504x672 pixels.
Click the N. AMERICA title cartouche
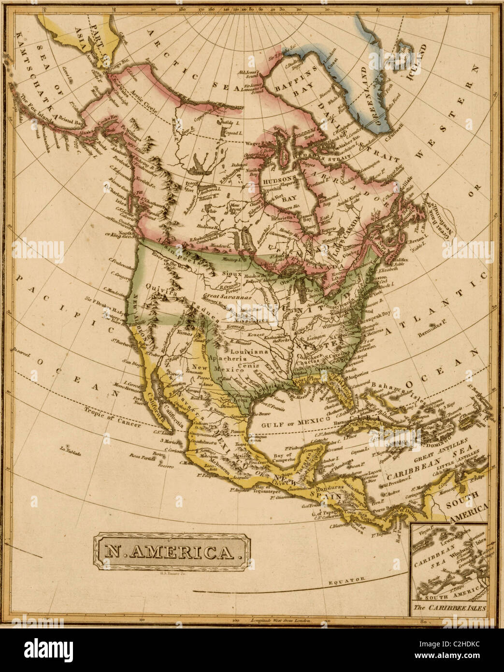(x=172, y=552)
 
